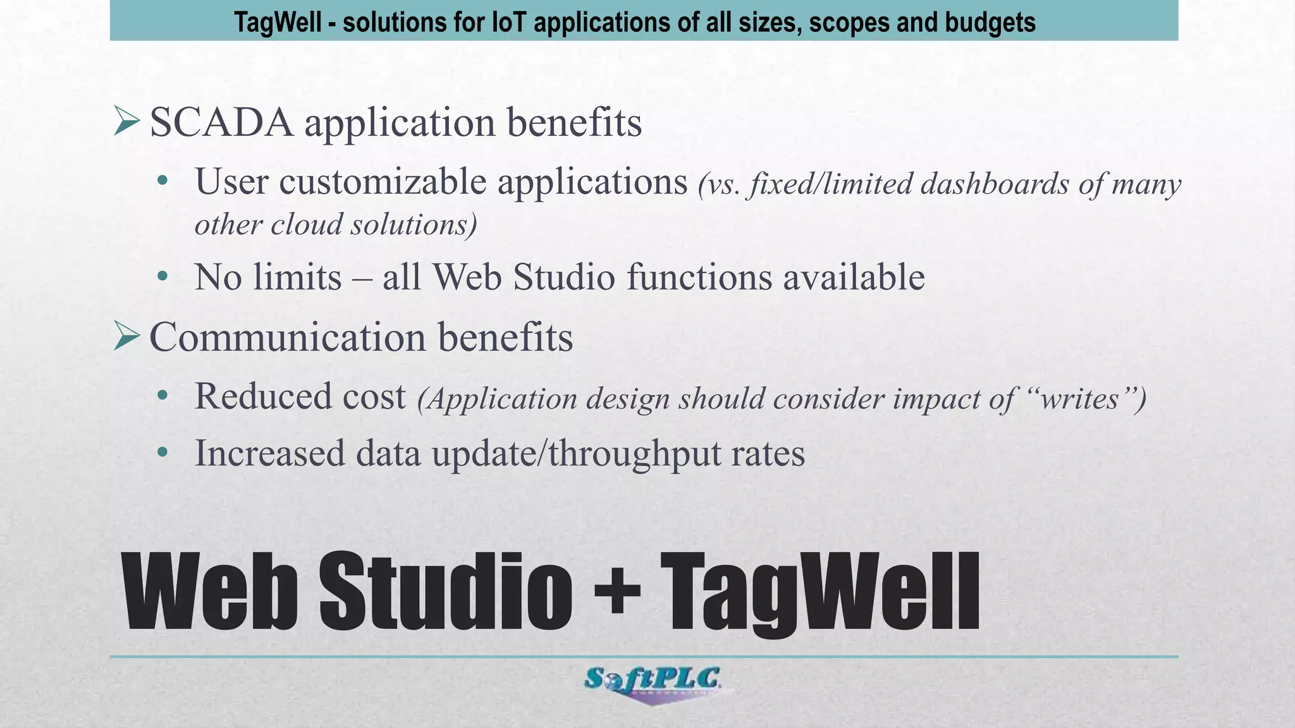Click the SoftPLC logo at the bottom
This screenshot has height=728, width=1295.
tap(652, 682)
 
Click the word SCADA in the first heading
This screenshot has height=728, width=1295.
tap(221, 123)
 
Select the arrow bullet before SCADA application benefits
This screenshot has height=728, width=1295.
tap(126, 121)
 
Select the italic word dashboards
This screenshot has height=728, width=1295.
tap(994, 185)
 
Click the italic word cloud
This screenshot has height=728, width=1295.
tap(306, 225)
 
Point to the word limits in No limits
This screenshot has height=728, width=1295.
tap(297, 277)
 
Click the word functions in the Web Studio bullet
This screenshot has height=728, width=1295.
tap(699, 277)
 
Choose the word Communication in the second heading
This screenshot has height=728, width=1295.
tap(288, 337)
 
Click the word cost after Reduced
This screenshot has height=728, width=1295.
tap(374, 397)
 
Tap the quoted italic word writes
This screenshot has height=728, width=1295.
tap(1079, 399)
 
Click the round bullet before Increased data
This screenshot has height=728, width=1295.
tap(163, 452)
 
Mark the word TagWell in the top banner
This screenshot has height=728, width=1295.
tap(278, 22)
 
